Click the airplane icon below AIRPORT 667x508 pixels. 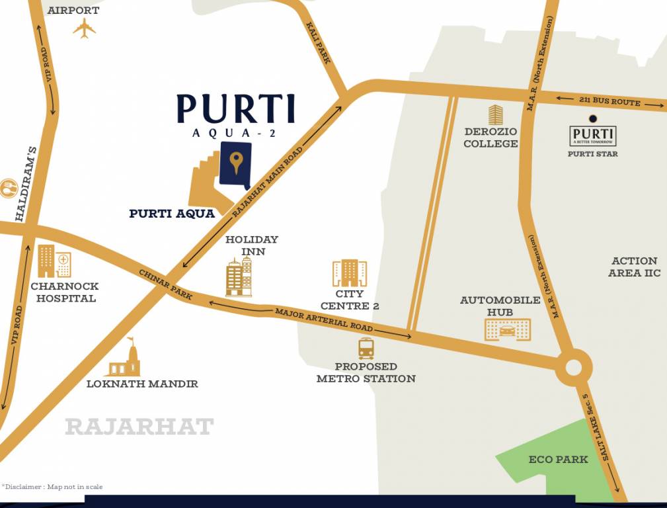click(x=85, y=28)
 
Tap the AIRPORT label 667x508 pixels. click(x=73, y=11)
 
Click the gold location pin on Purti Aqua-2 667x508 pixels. click(x=236, y=161)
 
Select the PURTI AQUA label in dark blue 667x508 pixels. click(x=172, y=214)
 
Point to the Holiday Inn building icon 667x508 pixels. click(x=239, y=276)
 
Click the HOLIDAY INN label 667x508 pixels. click(x=251, y=245)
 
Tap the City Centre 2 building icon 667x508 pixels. click(x=349, y=273)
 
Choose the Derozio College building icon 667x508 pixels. click(x=495, y=115)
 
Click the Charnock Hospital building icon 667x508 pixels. click(x=53, y=261)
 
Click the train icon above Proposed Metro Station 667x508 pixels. click(x=366, y=348)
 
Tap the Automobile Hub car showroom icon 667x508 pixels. click(x=508, y=329)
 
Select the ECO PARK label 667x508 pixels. click(x=558, y=460)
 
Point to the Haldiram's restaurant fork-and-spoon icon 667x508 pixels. click(x=8, y=189)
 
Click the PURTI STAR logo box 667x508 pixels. click(x=592, y=136)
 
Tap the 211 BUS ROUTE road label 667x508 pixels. click(x=609, y=102)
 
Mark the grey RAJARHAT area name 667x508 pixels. click(x=139, y=427)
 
